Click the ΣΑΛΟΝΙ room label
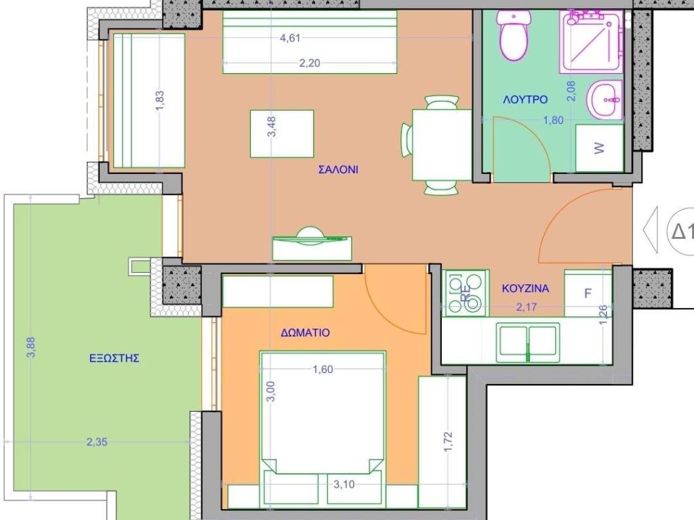point(338,169)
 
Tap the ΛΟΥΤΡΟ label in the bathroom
point(525,100)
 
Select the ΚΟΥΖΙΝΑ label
point(525,288)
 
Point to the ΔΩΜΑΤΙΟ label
point(306,332)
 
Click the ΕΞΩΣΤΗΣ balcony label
point(114,357)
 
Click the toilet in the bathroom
point(514,35)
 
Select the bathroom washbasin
point(605,100)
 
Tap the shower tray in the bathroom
point(591,41)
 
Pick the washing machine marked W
point(599,148)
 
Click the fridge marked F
point(588,292)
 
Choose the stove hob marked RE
point(466,293)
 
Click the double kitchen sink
point(527,342)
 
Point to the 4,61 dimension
point(290,38)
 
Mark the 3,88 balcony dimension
point(30,347)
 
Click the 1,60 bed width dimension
point(323,369)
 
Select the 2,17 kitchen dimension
point(527,307)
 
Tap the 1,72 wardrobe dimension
point(448,441)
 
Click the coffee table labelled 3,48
point(282,133)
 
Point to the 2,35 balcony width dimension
point(97,441)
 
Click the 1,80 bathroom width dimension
point(553,120)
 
